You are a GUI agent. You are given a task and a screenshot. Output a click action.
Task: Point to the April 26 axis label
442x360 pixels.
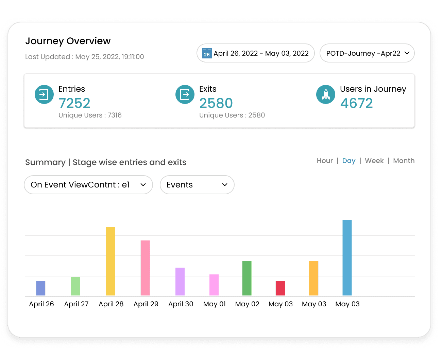coord(41,304)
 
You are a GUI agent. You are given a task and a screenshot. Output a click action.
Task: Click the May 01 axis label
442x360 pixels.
coord(215,304)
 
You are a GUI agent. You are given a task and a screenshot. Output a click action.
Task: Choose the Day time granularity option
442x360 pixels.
coord(348,161)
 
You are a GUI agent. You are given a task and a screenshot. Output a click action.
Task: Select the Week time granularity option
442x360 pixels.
coord(374,161)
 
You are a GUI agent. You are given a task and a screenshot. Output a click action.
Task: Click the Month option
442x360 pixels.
coord(404,161)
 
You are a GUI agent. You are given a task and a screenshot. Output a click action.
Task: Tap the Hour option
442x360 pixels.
coord(325,161)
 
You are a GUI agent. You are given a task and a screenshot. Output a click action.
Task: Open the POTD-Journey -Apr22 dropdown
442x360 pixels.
coord(367,53)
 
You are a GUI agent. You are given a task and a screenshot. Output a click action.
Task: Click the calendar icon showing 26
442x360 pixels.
coord(207,53)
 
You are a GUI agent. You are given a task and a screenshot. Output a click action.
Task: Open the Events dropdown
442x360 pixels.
coord(197,185)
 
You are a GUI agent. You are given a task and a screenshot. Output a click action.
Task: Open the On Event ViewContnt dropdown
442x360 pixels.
coord(88,185)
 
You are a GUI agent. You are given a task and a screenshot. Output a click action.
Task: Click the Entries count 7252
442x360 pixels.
coord(74,103)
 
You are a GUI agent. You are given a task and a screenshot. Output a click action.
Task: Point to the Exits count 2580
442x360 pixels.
coord(216,103)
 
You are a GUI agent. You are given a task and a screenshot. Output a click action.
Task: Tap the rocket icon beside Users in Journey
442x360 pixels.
coord(325,94)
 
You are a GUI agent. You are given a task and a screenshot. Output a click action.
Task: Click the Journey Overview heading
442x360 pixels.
coord(68,41)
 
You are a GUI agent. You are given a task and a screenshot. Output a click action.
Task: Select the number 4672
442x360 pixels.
coord(356,103)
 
